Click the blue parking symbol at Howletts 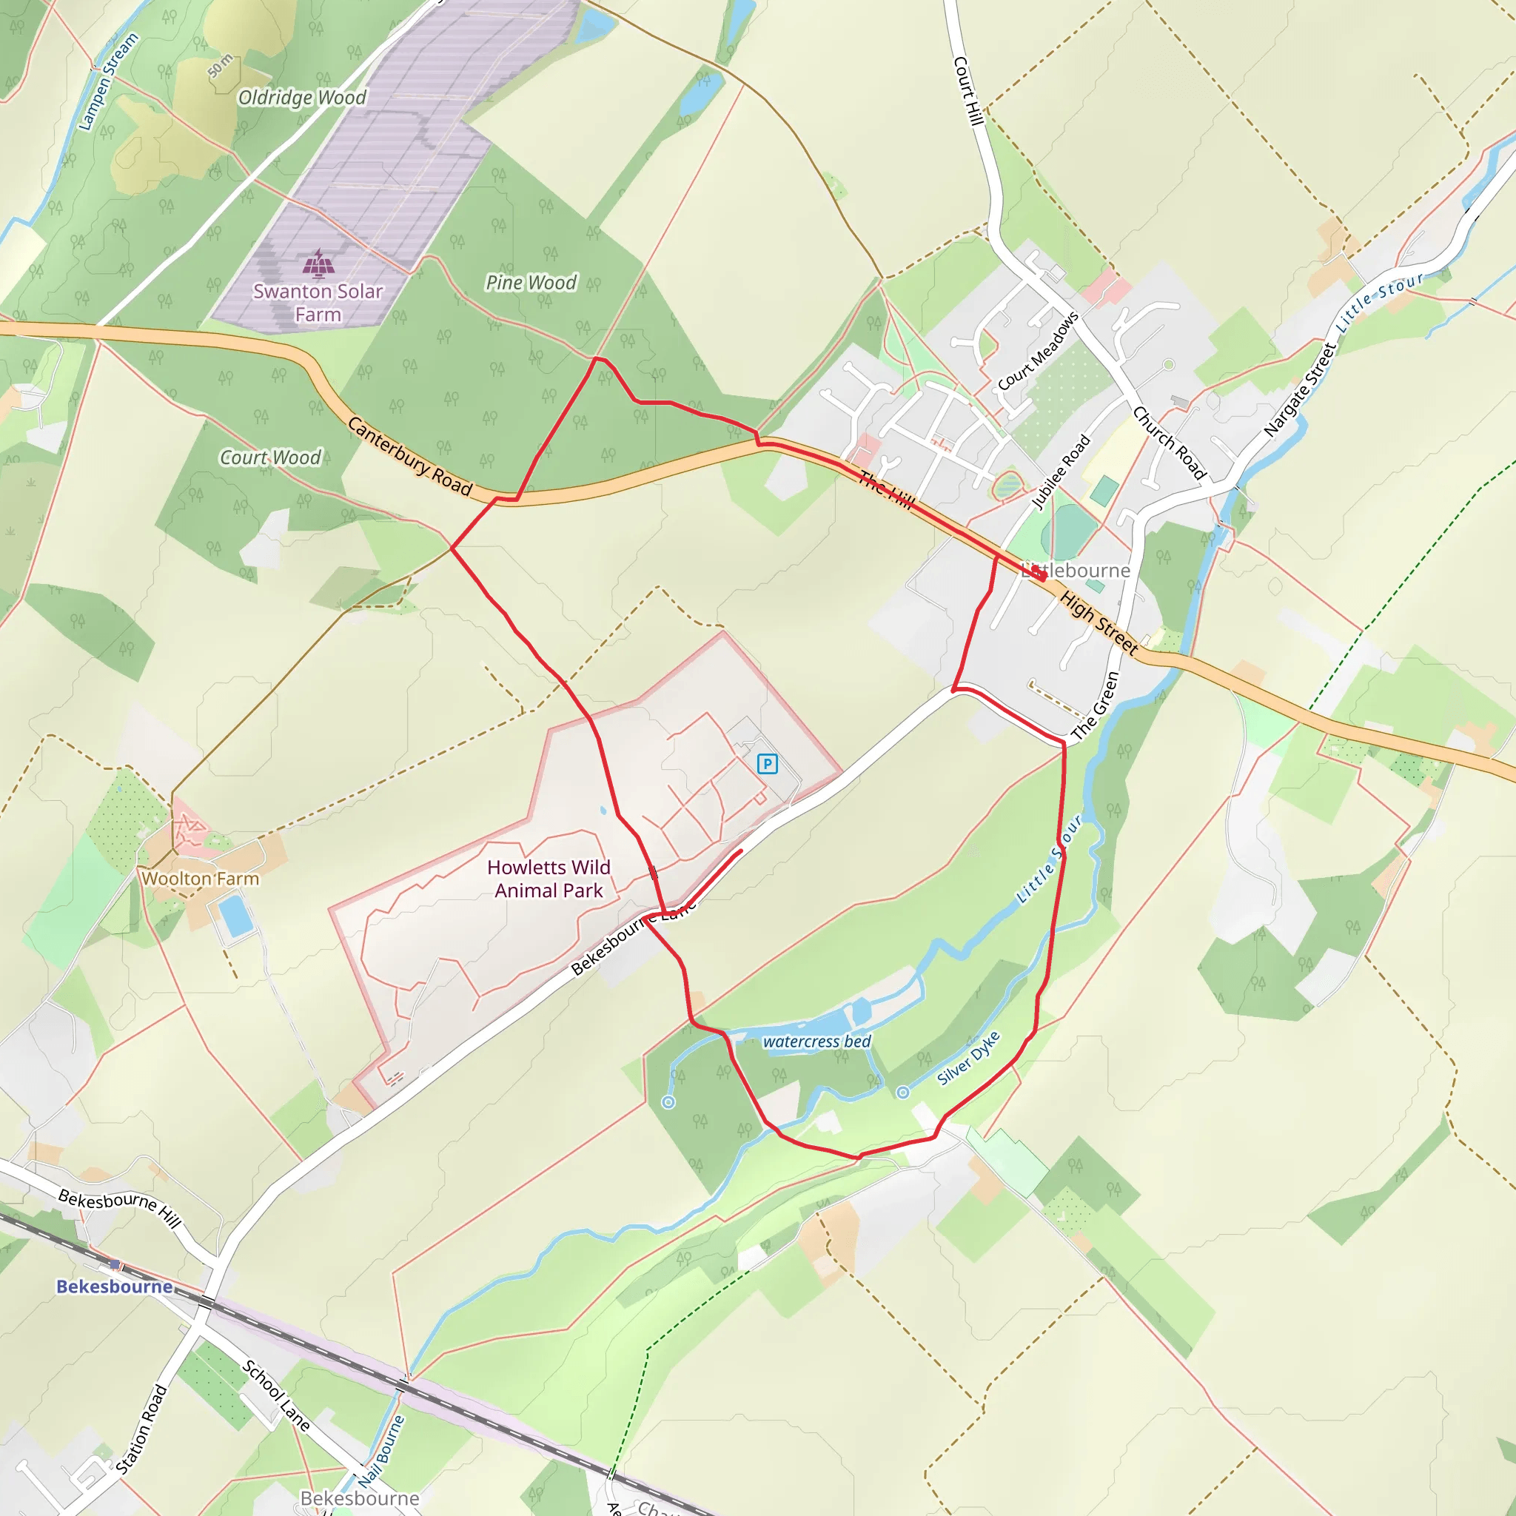(767, 763)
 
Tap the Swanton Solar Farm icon (318, 263)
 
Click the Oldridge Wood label (302, 97)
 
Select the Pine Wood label (531, 283)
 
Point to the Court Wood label (271, 457)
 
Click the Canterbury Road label (409, 457)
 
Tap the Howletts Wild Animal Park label (549, 879)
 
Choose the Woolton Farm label (200, 879)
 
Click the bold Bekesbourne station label (115, 1287)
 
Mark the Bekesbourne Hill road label (120, 1208)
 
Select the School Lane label (276, 1396)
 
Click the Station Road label (142, 1429)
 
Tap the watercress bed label (817, 1042)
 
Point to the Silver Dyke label (969, 1059)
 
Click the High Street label (1099, 624)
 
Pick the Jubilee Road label (1061, 472)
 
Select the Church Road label (1169, 443)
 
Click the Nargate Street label (1300, 390)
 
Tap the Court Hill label (968, 90)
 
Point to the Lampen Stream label (109, 81)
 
